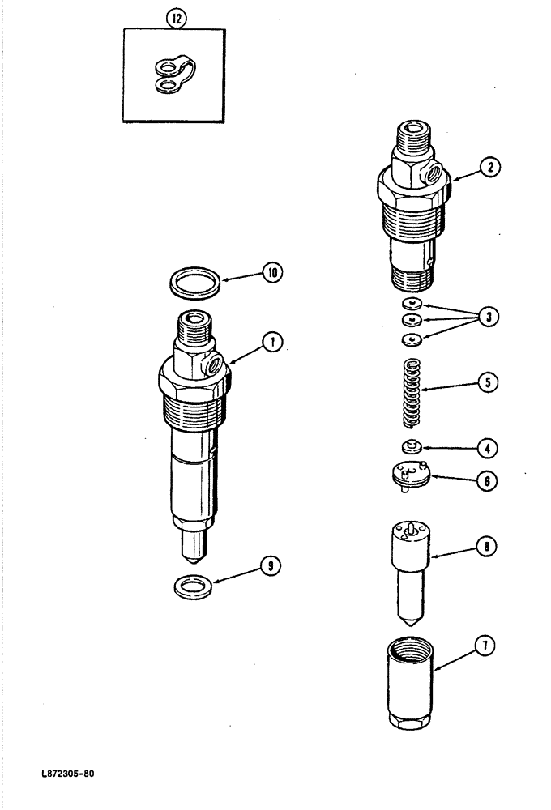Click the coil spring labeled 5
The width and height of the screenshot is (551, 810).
(x=414, y=394)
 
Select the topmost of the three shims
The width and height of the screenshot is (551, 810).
(x=412, y=304)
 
